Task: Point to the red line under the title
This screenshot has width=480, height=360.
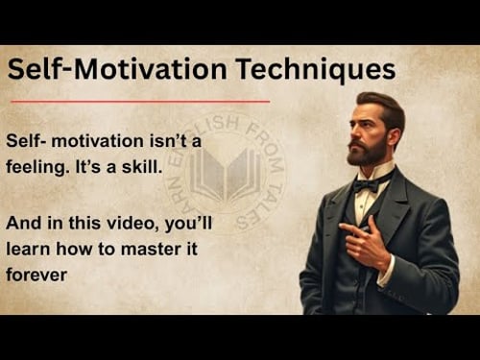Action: pyautogui.click(x=138, y=100)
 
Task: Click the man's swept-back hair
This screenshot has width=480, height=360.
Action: pyautogui.click(x=381, y=103)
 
